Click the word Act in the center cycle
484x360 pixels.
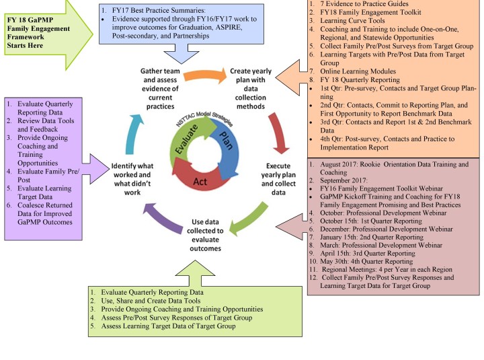tap(200, 182)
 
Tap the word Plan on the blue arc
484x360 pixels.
tap(226, 140)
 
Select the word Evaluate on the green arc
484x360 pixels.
tap(186, 139)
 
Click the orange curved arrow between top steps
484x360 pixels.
tap(205, 75)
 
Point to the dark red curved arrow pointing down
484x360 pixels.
tap(278, 133)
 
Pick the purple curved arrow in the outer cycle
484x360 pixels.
tap(162, 217)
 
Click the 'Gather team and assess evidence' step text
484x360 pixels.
tap(160, 89)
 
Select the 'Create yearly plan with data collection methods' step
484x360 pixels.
tap(251, 89)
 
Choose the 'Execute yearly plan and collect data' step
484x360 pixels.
tap(278, 179)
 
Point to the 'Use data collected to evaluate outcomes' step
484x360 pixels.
tap(205, 235)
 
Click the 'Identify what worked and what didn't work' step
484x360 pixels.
tap(132, 179)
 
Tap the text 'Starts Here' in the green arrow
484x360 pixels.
tap(25, 46)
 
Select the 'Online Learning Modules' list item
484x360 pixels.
tap(358, 71)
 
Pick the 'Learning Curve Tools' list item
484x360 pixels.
tap(352, 21)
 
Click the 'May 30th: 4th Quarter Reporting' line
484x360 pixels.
tap(366, 262)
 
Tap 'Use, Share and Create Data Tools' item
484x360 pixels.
tap(151, 301)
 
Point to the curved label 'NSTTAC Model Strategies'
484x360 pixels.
tap(204, 118)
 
